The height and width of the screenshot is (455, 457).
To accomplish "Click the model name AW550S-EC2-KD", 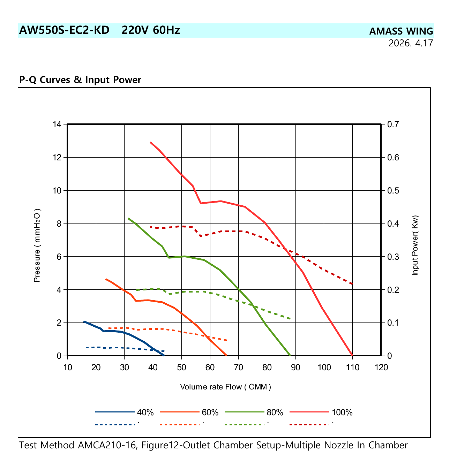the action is [64, 30].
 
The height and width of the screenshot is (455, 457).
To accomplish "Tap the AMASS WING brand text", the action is [401, 31].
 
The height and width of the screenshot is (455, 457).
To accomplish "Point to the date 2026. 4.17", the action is [411, 43].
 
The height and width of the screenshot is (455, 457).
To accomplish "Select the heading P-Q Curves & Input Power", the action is [80, 79].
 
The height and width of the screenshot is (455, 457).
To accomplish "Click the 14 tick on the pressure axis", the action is [57, 124].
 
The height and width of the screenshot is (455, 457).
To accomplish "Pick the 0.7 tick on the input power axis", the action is [393, 124].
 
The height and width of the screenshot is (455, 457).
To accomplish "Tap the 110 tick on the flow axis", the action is [352, 367].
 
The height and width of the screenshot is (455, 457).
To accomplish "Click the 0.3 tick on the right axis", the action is [393, 257].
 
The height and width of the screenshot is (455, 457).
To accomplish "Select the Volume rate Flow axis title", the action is [225, 387].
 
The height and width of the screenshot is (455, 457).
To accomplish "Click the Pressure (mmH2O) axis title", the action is [37, 245].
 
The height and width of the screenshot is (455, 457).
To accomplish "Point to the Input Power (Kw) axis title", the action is [415, 245].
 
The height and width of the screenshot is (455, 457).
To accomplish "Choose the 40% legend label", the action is [145, 412].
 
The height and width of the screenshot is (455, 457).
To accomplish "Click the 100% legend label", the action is [342, 412].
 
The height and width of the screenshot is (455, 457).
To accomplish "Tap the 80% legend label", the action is [275, 412].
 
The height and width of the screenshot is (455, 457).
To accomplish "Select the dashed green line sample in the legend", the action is [244, 425].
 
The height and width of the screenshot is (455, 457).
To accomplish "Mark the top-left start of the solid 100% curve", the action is [151, 142].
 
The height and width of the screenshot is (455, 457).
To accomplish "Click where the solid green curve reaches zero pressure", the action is [290, 355].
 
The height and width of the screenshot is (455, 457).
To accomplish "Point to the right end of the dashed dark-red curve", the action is [352, 284].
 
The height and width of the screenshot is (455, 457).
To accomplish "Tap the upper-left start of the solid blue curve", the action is [84, 321].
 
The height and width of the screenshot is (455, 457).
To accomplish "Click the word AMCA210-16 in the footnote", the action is [107, 445].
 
